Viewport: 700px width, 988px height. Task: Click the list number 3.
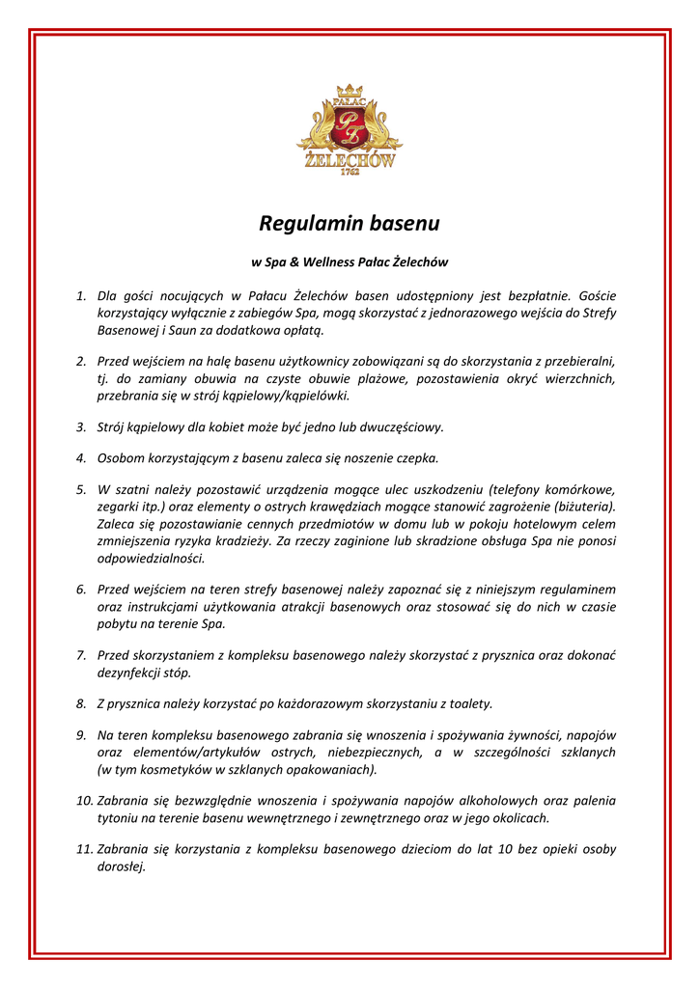coord(82,425)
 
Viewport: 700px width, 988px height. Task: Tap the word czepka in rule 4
coord(417,457)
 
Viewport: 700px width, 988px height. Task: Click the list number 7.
coord(82,655)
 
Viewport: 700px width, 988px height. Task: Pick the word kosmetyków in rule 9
coord(164,770)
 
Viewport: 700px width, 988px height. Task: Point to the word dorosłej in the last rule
coord(121,867)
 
